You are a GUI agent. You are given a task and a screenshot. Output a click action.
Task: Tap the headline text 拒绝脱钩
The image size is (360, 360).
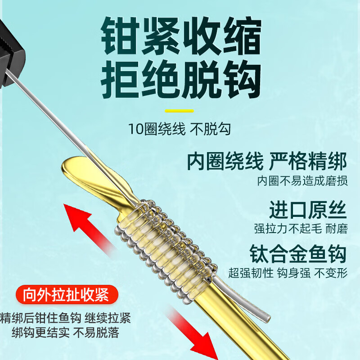pos(180,81)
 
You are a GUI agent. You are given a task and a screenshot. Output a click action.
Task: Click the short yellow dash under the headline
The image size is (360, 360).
pos(179,111)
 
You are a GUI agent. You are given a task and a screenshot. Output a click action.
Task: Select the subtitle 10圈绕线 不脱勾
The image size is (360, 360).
pos(180,130)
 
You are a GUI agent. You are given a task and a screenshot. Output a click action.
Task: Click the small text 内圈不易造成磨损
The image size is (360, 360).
pos(302,181)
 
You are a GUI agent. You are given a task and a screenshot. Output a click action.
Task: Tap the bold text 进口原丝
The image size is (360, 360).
pos(308,209)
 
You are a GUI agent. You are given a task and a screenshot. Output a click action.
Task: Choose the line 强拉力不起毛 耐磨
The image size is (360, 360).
pos(301,229)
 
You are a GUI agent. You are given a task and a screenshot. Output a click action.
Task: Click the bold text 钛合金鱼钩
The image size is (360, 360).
pos(298,254)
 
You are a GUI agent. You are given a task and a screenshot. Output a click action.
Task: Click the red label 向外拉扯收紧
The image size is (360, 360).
pos(66,296)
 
